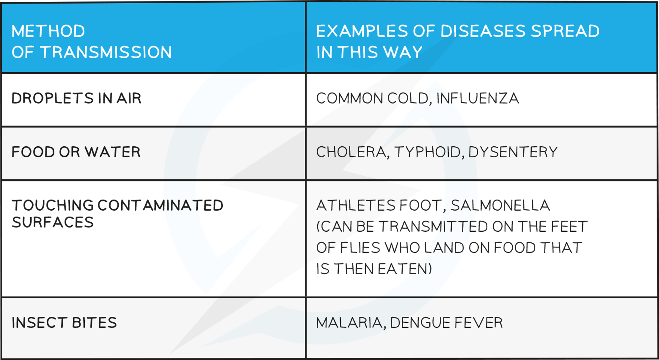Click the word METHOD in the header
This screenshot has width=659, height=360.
48,31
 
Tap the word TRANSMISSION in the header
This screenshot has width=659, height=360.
106,52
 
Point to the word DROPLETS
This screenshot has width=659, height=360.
53,98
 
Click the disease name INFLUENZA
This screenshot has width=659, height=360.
478,98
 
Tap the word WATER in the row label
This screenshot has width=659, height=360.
112,152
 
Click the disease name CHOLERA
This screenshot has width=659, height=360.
351,152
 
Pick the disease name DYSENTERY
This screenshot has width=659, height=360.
513,152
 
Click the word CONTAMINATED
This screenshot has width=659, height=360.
160,205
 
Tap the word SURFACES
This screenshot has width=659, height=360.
53,223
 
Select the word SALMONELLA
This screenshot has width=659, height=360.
500,205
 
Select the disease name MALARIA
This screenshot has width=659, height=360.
349,323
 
